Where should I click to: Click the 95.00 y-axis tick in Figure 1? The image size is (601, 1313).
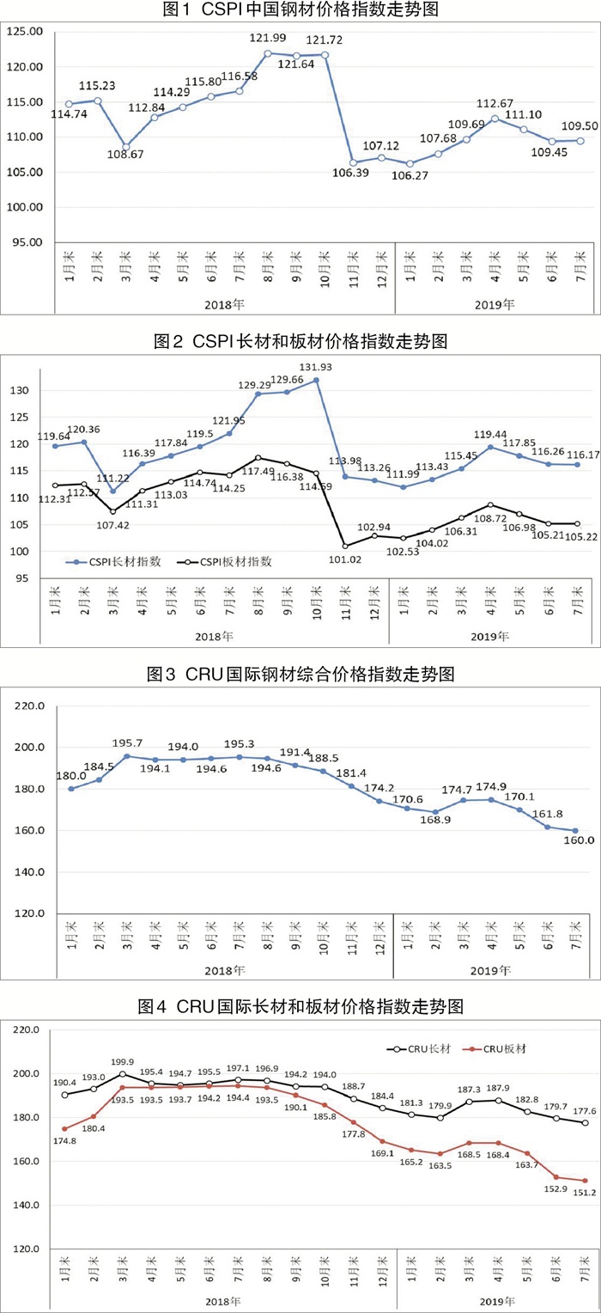pyautogui.click(x=27, y=242)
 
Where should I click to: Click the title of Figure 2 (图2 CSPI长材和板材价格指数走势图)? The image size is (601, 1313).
pyautogui.click(x=300, y=341)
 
